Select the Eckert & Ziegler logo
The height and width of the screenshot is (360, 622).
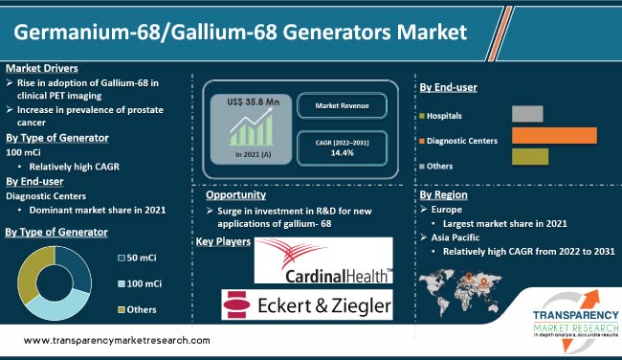coord(308,304)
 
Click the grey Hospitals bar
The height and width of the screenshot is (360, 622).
coord(527,115)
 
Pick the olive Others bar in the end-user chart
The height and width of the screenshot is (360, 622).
coord(530,157)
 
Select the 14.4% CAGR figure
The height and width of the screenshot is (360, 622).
coord(342,152)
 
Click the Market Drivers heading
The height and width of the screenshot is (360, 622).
coord(41,68)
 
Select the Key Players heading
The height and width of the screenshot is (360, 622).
coord(224,243)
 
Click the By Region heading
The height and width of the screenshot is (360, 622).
coord(443,194)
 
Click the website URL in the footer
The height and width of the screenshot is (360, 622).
coord(116,340)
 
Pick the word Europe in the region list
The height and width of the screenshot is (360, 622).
coord(446,209)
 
